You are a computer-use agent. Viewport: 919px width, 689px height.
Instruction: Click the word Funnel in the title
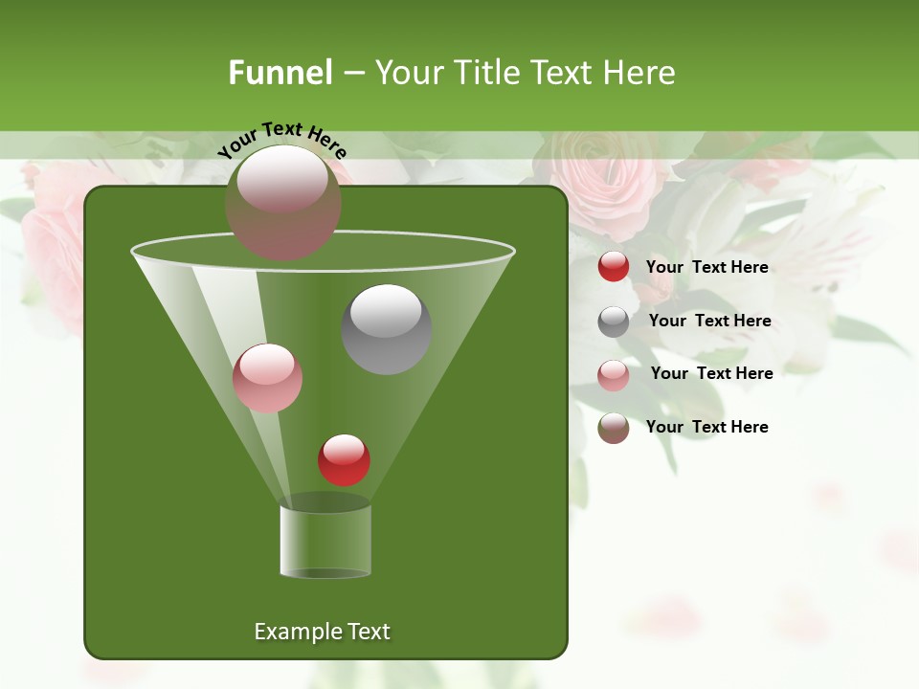pyautogui.click(x=280, y=73)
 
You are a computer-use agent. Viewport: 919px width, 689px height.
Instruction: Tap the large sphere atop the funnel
pyautogui.click(x=282, y=202)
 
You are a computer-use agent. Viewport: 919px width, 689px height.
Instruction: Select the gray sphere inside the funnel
pyautogui.click(x=387, y=329)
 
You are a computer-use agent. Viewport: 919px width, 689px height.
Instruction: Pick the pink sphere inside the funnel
pyautogui.click(x=267, y=378)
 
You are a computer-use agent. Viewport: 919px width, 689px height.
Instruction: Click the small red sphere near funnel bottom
pyautogui.click(x=344, y=460)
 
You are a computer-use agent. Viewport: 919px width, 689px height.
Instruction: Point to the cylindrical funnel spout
pyautogui.click(x=325, y=541)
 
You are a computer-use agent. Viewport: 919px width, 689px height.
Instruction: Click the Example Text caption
pyautogui.click(x=322, y=632)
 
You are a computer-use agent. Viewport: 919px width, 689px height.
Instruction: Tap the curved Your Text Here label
pyautogui.click(x=282, y=140)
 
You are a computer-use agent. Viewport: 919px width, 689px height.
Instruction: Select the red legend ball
pyautogui.click(x=614, y=267)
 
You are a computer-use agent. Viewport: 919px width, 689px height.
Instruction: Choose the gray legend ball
pyautogui.click(x=614, y=322)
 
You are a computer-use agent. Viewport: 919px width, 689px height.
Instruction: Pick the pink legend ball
pyautogui.click(x=614, y=375)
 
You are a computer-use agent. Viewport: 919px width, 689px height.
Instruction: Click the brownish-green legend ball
pyautogui.click(x=614, y=428)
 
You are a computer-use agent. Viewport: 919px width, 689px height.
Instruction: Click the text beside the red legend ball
pyautogui.click(x=706, y=267)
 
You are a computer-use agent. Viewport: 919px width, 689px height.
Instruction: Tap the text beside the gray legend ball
pyautogui.click(x=709, y=321)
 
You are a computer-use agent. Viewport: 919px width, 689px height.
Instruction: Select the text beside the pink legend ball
pyautogui.click(x=711, y=373)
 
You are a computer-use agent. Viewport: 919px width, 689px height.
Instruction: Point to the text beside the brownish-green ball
pyautogui.click(x=706, y=427)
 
